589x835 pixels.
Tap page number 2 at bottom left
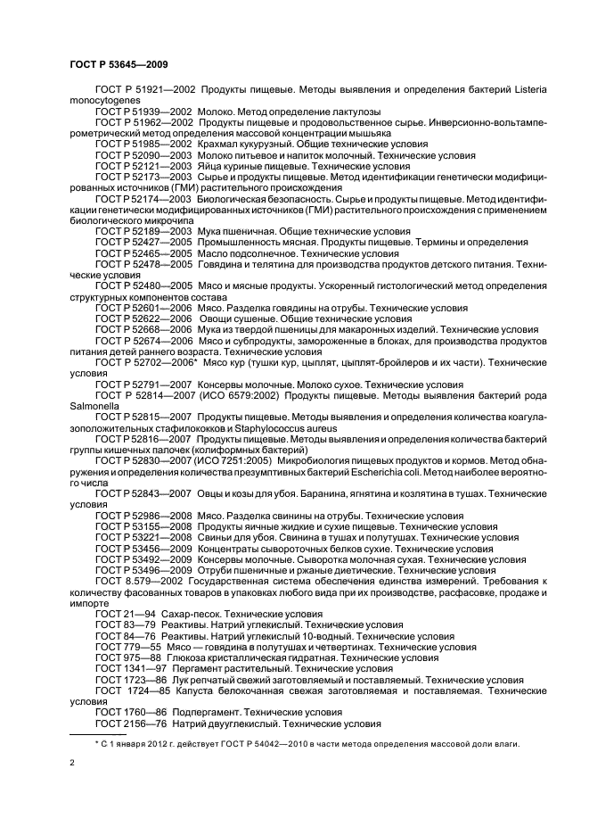click(72, 763)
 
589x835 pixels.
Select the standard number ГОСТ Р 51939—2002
click(143, 112)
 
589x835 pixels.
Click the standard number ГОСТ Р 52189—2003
click(143, 231)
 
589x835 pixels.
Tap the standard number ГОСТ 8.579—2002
click(139, 581)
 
